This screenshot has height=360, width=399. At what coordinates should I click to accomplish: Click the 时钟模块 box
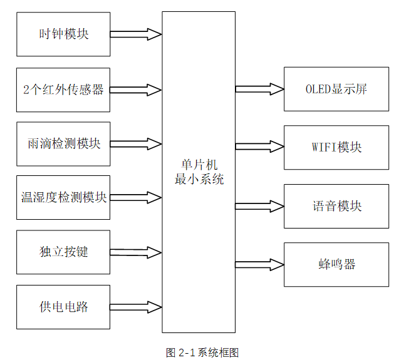[63, 34]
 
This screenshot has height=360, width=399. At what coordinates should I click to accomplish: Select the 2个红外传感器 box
[63, 90]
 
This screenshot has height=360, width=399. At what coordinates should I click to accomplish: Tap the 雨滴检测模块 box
[63, 144]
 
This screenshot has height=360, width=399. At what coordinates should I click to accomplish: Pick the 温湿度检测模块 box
[63, 198]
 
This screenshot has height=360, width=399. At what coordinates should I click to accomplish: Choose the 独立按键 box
[63, 252]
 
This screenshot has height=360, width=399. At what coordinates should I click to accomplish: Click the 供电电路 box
[63, 307]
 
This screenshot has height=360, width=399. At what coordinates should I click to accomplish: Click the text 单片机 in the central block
[199, 165]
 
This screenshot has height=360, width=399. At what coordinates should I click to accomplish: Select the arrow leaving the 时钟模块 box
[136, 34]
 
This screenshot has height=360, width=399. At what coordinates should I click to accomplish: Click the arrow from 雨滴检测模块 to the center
[136, 144]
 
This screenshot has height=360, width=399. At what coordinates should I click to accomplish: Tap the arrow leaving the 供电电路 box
[136, 307]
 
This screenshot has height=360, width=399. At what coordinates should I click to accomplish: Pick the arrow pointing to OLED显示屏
[259, 89]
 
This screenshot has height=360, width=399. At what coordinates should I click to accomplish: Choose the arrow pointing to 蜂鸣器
[259, 264]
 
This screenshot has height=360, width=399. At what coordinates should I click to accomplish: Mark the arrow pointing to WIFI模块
[259, 148]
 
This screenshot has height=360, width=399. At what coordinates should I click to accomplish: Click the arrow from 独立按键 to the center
[136, 252]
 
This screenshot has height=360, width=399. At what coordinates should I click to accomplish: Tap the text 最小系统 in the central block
[199, 180]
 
